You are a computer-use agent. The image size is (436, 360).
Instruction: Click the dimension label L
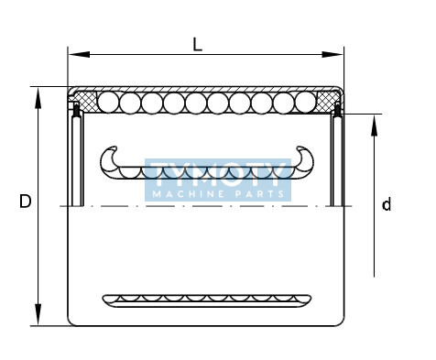(198, 45)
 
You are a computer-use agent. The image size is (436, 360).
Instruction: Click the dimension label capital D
(26, 202)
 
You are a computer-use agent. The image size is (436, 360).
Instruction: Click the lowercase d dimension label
(387, 204)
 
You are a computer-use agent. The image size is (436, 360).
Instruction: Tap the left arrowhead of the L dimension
(79, 55)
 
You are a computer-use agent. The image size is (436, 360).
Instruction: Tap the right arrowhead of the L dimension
(332, 55)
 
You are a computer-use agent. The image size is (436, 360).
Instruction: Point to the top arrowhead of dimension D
(38, 98)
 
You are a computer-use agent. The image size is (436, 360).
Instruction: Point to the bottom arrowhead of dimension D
(38, 314)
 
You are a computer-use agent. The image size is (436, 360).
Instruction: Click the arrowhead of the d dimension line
(374, 125)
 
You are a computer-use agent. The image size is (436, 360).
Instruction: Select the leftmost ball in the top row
(108, 103)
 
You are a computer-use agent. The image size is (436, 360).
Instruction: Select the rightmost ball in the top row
(305, 103)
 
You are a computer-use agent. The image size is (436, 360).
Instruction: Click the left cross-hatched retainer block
(86, 101)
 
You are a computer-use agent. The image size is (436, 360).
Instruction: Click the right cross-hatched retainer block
(327, 101)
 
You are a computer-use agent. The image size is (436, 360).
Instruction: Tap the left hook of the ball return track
(105, 158)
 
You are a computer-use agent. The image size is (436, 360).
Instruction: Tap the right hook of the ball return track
(308, 158)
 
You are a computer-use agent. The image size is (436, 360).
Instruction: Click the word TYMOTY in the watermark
(218, 175)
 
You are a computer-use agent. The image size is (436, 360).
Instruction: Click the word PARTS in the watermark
(259, 194)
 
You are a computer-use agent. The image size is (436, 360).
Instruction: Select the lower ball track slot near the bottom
(207, 300)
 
